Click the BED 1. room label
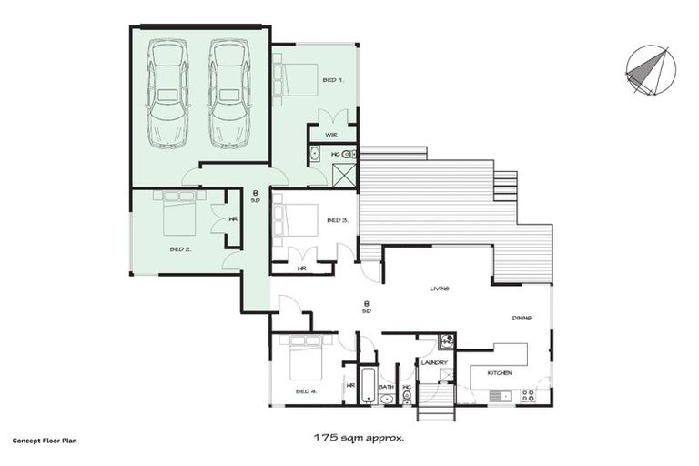point(333,80)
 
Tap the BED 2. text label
point(179,248)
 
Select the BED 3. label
point(337,220)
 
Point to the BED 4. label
point(306,390)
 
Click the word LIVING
point(441,289)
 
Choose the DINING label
point(521,318)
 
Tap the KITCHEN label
point(499,373)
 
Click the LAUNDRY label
point(433,362)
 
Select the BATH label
point(386,387)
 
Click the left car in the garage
point(167,93)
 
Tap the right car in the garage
point(228,93)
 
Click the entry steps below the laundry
point(436,402)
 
